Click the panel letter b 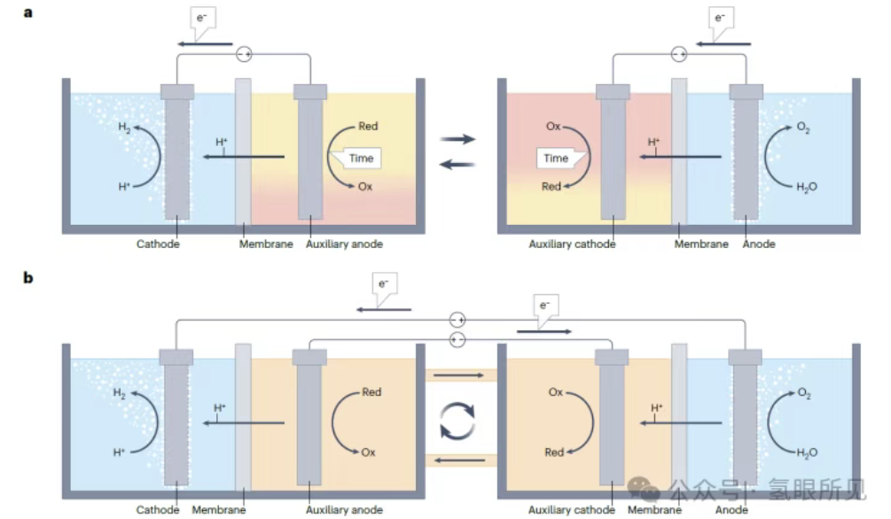(x=28, y=277)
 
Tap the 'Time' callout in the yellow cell (x=360, y=158)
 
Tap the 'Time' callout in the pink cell (x=556, y=158)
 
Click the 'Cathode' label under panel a (x=158, y=244)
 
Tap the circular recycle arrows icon (x=457, y=420)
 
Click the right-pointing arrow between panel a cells (x=457, y=139)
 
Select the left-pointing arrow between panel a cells (x=457, y=163)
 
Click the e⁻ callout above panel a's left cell (x=204, y=20)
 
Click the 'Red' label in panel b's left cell (x=371, y=391)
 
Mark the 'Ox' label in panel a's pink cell (x=554, y=127)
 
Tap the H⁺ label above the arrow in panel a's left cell (x=223, y=142)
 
